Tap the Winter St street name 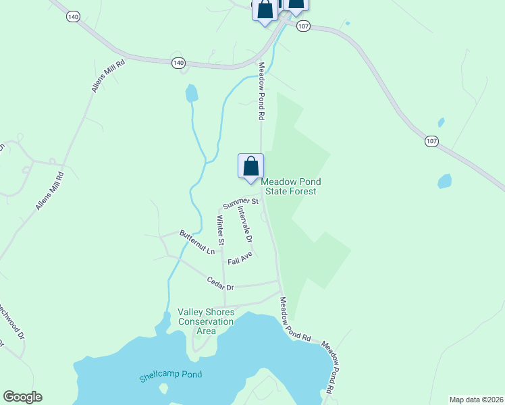pos(220,230)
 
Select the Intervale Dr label pos(244,225)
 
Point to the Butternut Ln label pos(196,242)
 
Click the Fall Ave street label pos(240,258)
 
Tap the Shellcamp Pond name pos(171,375)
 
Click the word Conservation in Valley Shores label pos(206,321)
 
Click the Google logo pos(22,397)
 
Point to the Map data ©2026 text pos(476,400)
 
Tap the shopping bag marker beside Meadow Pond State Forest pos(250,166)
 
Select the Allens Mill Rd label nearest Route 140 pos(109,76)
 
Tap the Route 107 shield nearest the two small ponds pos(432,141)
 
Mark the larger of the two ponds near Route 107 pos(444,181)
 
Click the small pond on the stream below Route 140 pos(192,92)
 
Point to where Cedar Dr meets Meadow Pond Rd pos(279,281)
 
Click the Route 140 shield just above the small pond pos(178,62)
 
